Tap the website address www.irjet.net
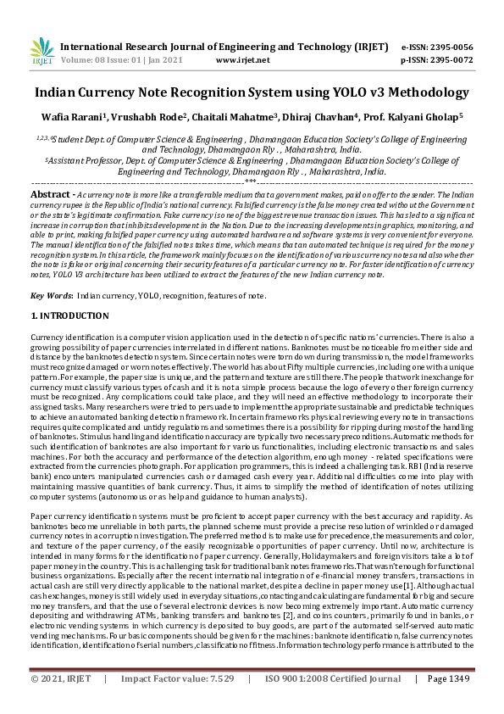point(242,60)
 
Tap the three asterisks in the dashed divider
point(251,181)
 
